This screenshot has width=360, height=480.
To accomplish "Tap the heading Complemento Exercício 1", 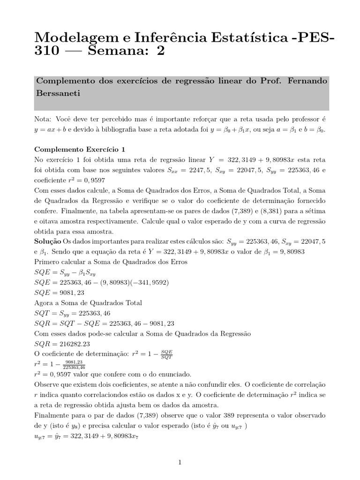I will pos(80,150).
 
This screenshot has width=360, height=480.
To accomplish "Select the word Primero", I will pos(49,262).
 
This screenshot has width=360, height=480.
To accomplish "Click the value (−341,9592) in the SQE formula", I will pos(145,283).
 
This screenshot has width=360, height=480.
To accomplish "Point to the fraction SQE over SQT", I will pos(166,354).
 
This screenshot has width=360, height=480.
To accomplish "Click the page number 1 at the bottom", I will pos(180,462).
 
